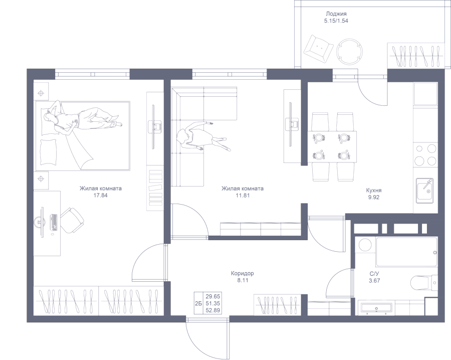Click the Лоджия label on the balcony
click(336, 15)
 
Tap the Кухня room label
click(374, 191)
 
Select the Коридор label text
click(243, 273)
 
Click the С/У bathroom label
click(374, 273)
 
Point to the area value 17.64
click(101, 196)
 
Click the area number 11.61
click(243, 196)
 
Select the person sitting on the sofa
click(200, 136)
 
